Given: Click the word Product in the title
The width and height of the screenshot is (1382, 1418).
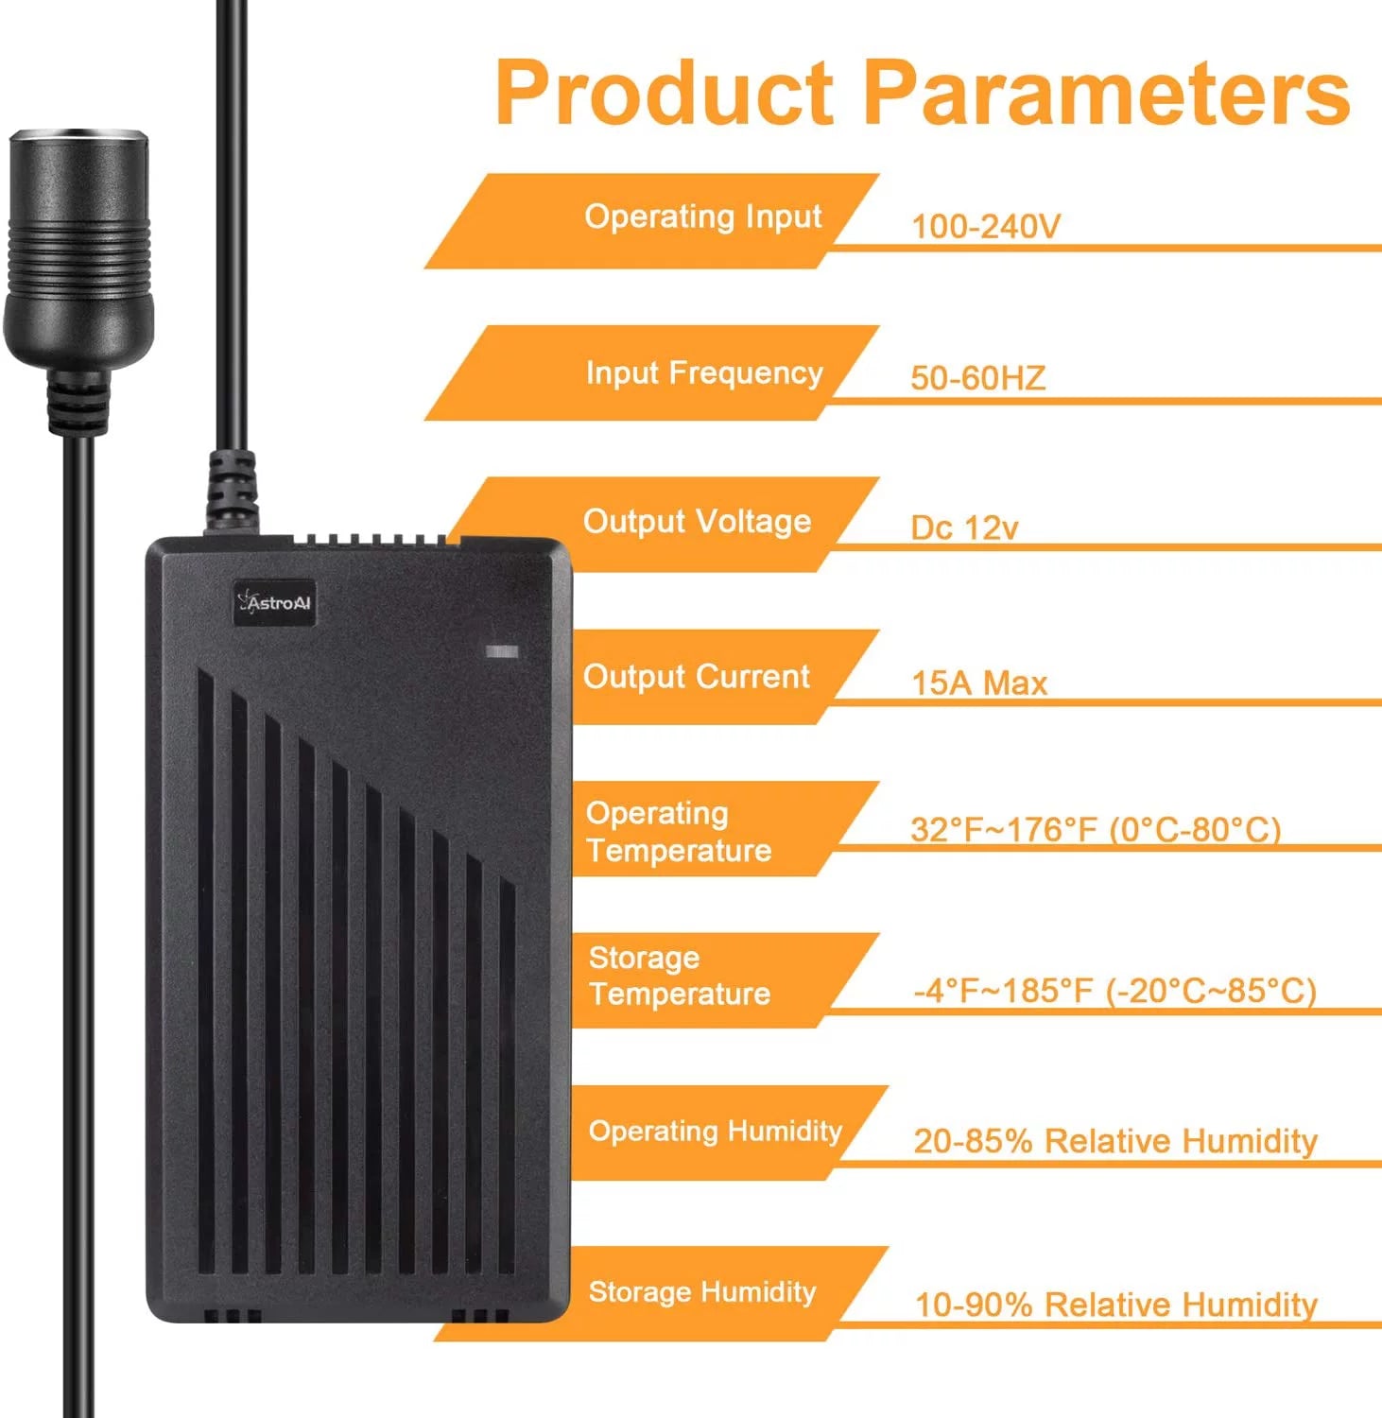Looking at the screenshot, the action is (665, 93).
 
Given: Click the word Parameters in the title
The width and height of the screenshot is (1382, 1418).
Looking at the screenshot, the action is (1107, 93).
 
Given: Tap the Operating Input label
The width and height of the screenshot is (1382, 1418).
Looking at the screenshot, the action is (703, 217).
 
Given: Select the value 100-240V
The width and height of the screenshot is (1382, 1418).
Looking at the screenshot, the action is (986, 226).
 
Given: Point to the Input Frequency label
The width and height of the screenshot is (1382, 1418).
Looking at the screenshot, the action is (704, 373).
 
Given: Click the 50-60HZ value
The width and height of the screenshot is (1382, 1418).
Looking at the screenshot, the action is (978, 378).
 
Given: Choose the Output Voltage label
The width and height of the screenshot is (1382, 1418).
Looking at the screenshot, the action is (698, 522).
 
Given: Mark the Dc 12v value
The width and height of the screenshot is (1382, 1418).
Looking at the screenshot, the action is (964, 527).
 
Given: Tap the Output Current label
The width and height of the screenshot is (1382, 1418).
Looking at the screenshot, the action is (697, 677).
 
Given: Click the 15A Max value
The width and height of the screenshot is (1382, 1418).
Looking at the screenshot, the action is (979, 683).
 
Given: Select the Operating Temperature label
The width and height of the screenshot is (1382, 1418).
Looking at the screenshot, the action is (679, 832).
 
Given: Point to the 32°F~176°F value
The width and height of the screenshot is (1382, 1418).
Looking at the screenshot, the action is (1008, 829).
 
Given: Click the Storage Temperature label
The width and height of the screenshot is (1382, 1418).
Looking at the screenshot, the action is (680, 976).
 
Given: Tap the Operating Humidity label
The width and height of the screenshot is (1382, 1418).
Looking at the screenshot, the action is (715, 1132).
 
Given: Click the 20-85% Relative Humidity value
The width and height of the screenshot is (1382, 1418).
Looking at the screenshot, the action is (1115, 1140).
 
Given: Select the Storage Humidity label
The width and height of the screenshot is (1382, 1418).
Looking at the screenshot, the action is (702, 1292).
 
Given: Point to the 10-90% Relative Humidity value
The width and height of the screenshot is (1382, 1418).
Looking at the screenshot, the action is (1116, 1305).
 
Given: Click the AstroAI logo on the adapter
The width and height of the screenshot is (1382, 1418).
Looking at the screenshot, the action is (274, 602).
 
